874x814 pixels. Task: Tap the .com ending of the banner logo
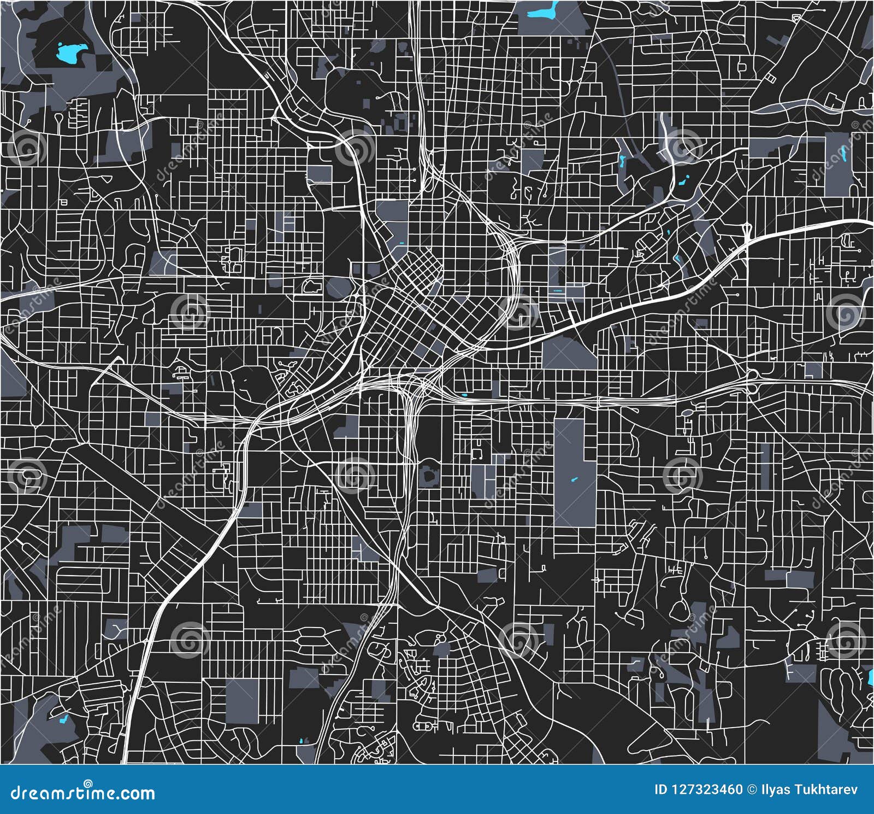click(134, 793)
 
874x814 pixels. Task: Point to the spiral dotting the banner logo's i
click(88, 783)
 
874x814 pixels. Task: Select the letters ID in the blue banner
click(661, 789)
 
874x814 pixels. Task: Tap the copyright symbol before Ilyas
click(752, 789)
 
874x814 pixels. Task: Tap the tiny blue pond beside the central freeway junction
click(464, 395)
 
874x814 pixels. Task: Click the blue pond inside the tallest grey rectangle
click(574, 480)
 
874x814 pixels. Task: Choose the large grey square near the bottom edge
click(242, 701)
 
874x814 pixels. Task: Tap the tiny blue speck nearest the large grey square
click(302, 741)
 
